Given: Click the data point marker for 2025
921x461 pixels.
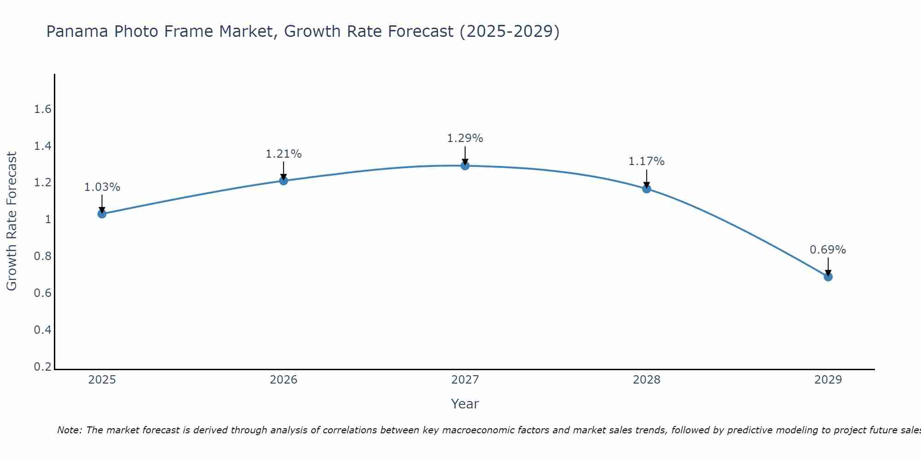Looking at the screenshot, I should [102, 213].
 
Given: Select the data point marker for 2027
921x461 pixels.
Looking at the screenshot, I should [465, 165].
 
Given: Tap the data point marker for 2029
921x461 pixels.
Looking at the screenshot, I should [828, 277].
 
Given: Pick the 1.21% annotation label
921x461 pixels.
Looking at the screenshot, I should [283, 154].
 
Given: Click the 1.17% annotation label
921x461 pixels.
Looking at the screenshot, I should [647, 161].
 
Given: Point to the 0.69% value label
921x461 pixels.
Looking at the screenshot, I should [828, 250].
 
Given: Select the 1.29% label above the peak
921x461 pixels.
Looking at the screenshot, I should [465, 138].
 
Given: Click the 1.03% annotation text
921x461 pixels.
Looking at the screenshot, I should [102, 187].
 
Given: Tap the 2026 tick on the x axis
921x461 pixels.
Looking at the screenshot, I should [283, 380].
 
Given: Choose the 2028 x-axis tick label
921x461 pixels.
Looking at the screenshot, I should [647, 380].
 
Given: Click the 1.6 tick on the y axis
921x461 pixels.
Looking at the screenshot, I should [42, 109].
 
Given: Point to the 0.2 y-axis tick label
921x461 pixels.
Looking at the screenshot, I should [42, 367].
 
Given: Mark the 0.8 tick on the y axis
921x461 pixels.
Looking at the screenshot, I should [42, 256].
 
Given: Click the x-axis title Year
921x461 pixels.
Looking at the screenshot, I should [465, 404].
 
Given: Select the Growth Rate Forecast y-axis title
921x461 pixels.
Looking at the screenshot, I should [12, 221].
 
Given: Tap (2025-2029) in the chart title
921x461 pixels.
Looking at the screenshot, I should [509, 31].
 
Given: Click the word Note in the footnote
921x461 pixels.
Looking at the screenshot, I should [69, 430].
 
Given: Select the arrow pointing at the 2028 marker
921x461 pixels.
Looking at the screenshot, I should [647, 179].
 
